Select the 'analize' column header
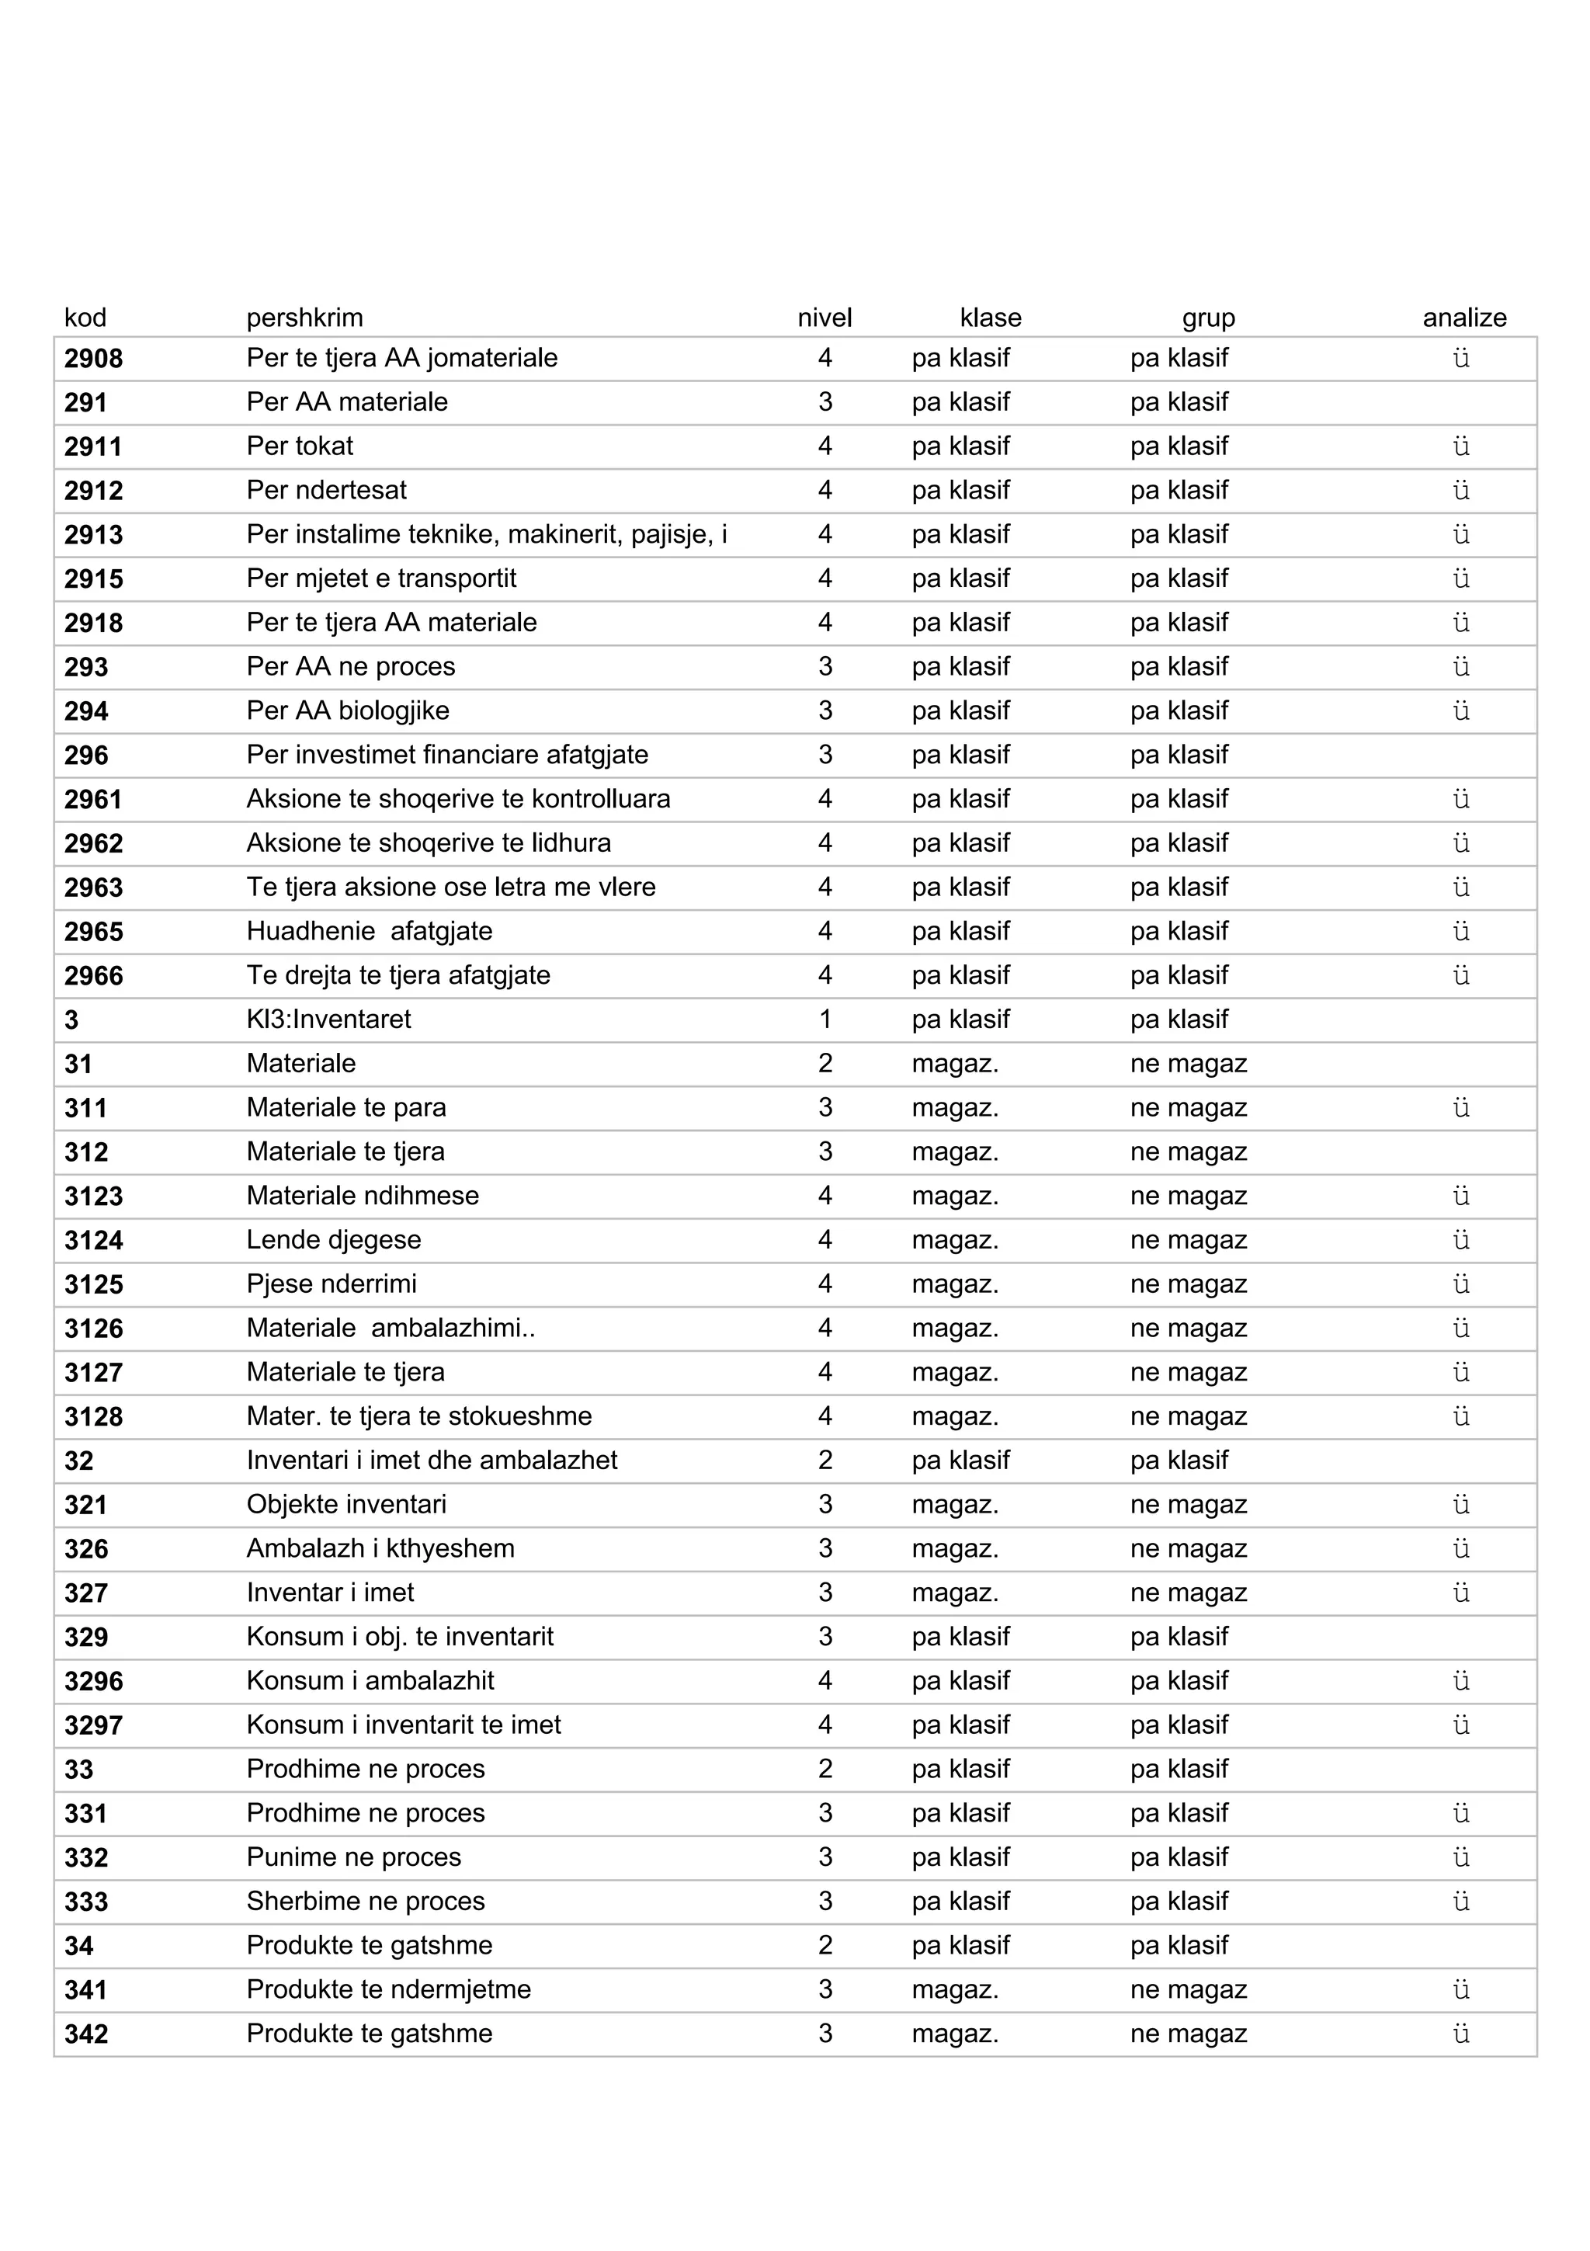(1463, 318)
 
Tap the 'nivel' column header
(825, 318)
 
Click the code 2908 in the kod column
(94, 359)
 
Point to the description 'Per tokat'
(299, 446)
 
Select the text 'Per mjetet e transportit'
(381, 578)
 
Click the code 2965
(94, 931)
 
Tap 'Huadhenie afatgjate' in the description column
(370, 931)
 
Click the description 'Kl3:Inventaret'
(328, 1020)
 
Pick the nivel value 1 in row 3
(825, 1020)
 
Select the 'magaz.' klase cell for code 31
(955, 1064)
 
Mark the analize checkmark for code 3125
(1460, 1284)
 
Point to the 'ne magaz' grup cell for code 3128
(1188, 1417)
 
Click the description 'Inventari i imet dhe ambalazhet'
(432, 1461)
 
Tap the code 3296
(94, 1681)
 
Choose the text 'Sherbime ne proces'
(366, 1902)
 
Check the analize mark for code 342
(1460, 2034)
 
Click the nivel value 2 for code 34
(825, 1946)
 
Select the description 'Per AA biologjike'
(348, 710)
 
